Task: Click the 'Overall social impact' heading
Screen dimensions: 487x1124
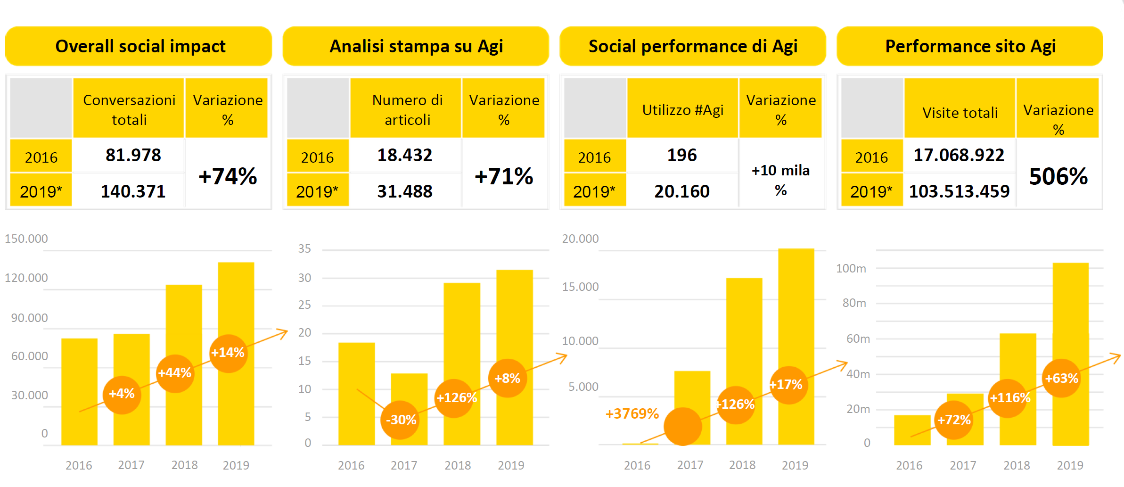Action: click(x=140, y=46)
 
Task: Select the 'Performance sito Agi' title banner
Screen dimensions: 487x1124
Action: click(x=970, y=46)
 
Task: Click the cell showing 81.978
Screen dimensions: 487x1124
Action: click(x=133, y=155)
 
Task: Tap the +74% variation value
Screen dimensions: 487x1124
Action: click(x=228, y=176)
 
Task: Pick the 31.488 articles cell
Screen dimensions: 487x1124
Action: click(x=404, y=191)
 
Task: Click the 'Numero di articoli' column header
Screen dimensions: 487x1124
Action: click(x=407, y=109)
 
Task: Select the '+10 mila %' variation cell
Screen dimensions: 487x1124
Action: click(x=780, y=180)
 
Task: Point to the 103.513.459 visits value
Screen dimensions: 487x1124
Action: click(x=959, y=191)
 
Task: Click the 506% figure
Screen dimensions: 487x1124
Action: click(x=1058, y=176)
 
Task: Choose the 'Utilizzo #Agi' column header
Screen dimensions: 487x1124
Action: click(x=682, y=110)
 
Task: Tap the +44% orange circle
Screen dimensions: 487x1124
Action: click(x=175, y=373)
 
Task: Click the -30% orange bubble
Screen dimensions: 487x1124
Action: click(x=401, y=420)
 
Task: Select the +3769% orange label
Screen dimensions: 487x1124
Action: click(x=632, y=413)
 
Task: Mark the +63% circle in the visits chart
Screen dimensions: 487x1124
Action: click(x=1061, y=378)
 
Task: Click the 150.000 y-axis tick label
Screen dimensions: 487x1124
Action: click(x=26, y=239)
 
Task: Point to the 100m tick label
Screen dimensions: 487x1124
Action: click(x=851, y=268)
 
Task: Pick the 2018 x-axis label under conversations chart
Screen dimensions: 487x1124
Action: click(x=184, y=465)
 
